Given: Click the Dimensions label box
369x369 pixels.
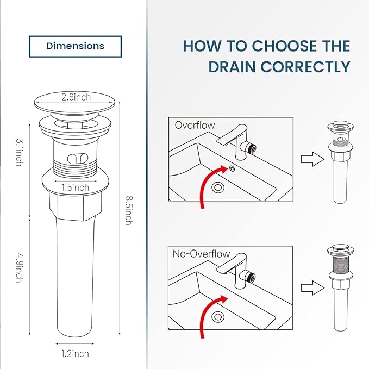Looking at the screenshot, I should pyautogui.click(x=75, y=46).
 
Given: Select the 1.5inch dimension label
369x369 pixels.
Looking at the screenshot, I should pyautogui.click(x=75, y=187).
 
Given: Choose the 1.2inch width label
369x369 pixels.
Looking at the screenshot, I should pyautogui.click(x=75, y=354).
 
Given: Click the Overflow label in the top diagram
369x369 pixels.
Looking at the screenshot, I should pyautogui.click(x=195, y=125).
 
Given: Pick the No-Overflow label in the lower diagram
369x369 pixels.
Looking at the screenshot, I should pyautogui.click(x=202, y=254).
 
